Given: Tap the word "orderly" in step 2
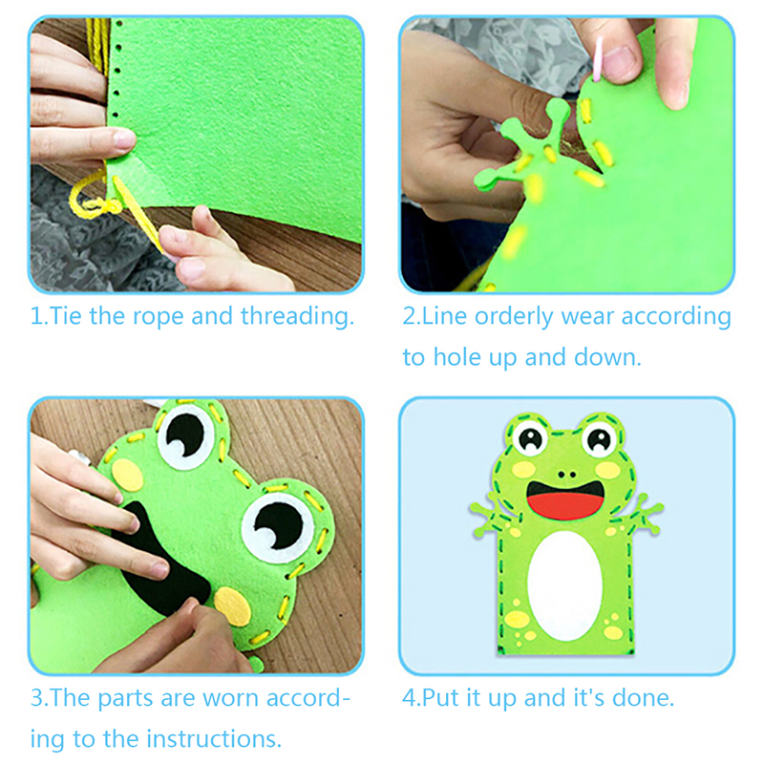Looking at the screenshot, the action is [x=514, y=317].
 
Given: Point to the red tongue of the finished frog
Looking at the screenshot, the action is [x=565, y=505].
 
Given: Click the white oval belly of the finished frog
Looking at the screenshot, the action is [x=564, y=584].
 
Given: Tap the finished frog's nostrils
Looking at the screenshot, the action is [x=566, y=474].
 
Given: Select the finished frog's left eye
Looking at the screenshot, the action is [x=531, y=438].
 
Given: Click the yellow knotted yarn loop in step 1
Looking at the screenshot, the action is [x=93, y=198].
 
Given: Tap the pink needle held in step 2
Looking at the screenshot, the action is [x=598, y=58].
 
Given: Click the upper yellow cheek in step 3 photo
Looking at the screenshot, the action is [x=128, y=475].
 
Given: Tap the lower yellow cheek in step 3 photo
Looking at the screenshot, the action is [x=233, y=606].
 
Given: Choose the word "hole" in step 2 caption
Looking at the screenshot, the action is [x=457, y=357].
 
